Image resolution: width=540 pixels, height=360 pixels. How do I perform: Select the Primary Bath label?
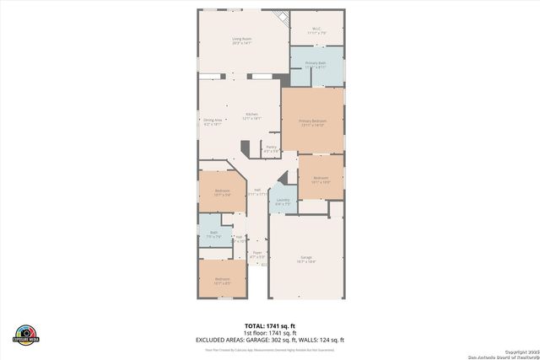(316, 64)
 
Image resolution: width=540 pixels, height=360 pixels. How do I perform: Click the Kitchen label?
(251, 116)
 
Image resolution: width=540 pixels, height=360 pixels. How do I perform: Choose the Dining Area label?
(213, 121)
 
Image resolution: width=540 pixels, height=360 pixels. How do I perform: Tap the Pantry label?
(271, 148)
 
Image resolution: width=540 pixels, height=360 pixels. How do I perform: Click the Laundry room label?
(283, 201)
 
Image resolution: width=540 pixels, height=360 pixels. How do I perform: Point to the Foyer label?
(258, 253)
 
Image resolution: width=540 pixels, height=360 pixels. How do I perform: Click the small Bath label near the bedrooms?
(213, 234)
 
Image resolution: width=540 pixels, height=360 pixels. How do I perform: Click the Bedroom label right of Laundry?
(321, 179)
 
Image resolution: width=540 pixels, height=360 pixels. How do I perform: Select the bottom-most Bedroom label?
(222, 280)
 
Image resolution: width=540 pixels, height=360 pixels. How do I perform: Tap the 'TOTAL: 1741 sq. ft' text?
(270, 325)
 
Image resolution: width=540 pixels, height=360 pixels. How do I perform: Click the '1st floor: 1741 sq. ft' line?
(270, 332)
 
